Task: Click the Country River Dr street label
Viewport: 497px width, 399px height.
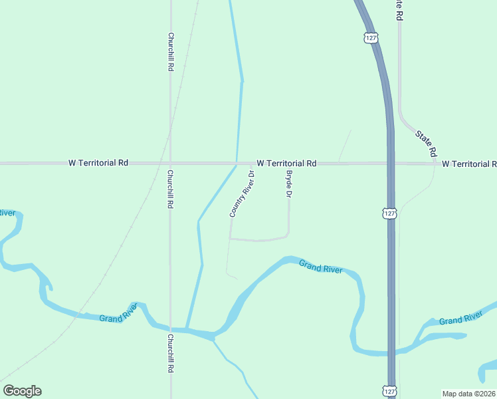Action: (243, 194)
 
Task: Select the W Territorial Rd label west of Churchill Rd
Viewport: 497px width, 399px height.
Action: (98, 163)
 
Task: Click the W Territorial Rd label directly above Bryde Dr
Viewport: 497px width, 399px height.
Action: (286, 163)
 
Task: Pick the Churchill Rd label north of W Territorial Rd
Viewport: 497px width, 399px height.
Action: (171, 53)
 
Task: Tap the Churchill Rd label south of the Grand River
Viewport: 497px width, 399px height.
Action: (171, 352)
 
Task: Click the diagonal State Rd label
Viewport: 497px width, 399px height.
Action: (426, 143)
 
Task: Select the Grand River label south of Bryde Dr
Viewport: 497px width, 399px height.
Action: (320, 267)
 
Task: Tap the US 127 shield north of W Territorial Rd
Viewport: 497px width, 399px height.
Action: (371, 37)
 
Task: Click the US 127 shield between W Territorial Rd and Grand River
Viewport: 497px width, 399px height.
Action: (389, 213)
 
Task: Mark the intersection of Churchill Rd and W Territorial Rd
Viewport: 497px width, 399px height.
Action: (171, 163)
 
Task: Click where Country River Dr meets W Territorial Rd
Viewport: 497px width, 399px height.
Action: (251, 163)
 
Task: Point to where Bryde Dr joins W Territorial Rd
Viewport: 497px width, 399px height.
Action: (288, 163)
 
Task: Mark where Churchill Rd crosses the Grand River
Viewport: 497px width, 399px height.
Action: (171, 329)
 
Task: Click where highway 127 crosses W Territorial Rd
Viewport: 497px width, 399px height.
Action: (391, 163)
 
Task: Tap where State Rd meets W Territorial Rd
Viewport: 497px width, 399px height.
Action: (435, 163)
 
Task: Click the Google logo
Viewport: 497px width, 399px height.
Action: (22, 391)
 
